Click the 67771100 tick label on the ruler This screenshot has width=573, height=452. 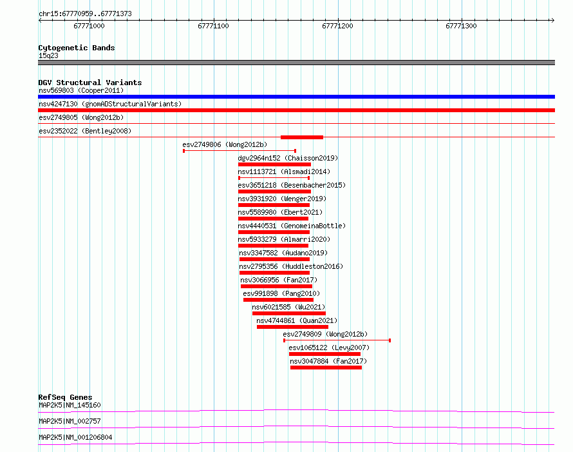tap(213, 26)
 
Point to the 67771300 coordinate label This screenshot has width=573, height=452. tap(461, 26)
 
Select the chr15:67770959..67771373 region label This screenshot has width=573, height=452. tap(85, 14)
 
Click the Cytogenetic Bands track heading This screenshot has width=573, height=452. tap(77, 48)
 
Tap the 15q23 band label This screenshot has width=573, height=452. tap(48, 55)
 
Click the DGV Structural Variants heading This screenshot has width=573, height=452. tap(90, 83)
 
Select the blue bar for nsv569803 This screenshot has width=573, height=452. tap(296, 97)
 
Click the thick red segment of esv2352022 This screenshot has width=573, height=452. tap(302, 137)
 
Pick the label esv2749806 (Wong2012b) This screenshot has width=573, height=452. tap(225, 144)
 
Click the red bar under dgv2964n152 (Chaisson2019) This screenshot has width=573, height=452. tap(274, 164)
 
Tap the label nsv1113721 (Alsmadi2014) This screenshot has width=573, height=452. tap(284, 172)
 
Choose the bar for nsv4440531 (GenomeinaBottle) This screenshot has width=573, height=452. tap(274, 232)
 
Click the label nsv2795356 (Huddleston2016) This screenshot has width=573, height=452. tap(291, 266)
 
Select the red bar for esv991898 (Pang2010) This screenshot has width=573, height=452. tap(279, 300)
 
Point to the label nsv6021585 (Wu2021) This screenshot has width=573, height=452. tap(288, 307)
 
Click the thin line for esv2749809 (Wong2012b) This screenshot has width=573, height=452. tap(337, 340)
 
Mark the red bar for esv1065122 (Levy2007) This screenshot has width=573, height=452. tap(325, 354)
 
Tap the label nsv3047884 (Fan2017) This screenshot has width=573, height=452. tap(328, 361)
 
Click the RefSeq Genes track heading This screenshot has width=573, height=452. tap(65, 397)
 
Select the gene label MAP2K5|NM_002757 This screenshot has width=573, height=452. tap(70, 421)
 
